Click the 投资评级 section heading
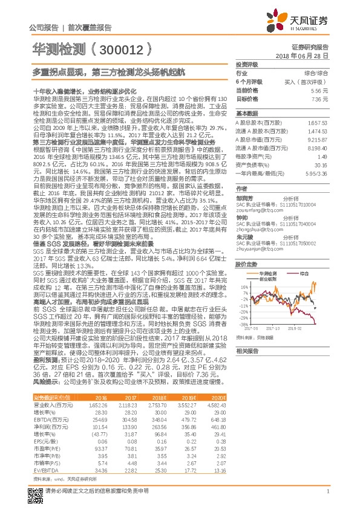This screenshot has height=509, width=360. pos(247,63)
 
